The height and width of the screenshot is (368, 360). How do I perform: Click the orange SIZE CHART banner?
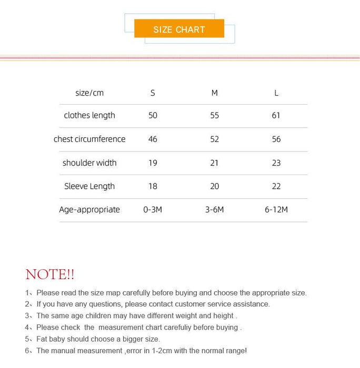[x=179, y=29]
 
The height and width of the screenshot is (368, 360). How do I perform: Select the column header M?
[x=214, y=93]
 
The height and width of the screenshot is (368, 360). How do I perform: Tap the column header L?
[x=276, y=93]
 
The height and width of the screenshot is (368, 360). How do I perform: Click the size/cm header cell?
[x=89, y=93]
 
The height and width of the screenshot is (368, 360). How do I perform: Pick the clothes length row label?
[x=89, y=115]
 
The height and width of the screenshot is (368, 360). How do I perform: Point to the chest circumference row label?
[x=89, y=139]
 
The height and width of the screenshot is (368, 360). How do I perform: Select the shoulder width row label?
[x=89, y=162]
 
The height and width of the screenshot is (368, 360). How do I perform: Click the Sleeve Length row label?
[x=89, y=186]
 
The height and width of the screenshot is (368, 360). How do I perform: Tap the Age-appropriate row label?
[x=89, y=209]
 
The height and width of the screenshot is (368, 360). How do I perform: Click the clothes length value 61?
[x=276, y=115]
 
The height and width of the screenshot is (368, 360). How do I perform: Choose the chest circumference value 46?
[x=153, y=139]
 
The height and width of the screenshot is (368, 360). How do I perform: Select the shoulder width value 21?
[x=214, y=162]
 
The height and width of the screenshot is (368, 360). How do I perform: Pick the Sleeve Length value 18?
[x=153, y=186]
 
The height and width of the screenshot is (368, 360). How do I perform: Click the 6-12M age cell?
[x=276, y=209]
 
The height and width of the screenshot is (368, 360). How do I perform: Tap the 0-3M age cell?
[x=153, y=209]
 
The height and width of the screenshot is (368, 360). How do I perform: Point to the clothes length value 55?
[x=214, y=115]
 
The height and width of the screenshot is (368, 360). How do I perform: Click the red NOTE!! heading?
[x=50, y=274]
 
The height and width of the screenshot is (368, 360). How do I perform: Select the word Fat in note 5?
[x=43, y=339]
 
